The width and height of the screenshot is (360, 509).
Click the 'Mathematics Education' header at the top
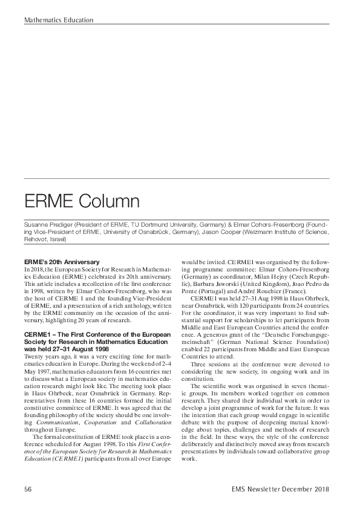pyautogui.click(x=59, y=20)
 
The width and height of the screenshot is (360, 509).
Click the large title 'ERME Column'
pyautogui.click(x=82, y=201)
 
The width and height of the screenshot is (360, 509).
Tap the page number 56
pyautogui.click(x=28, y=488)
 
